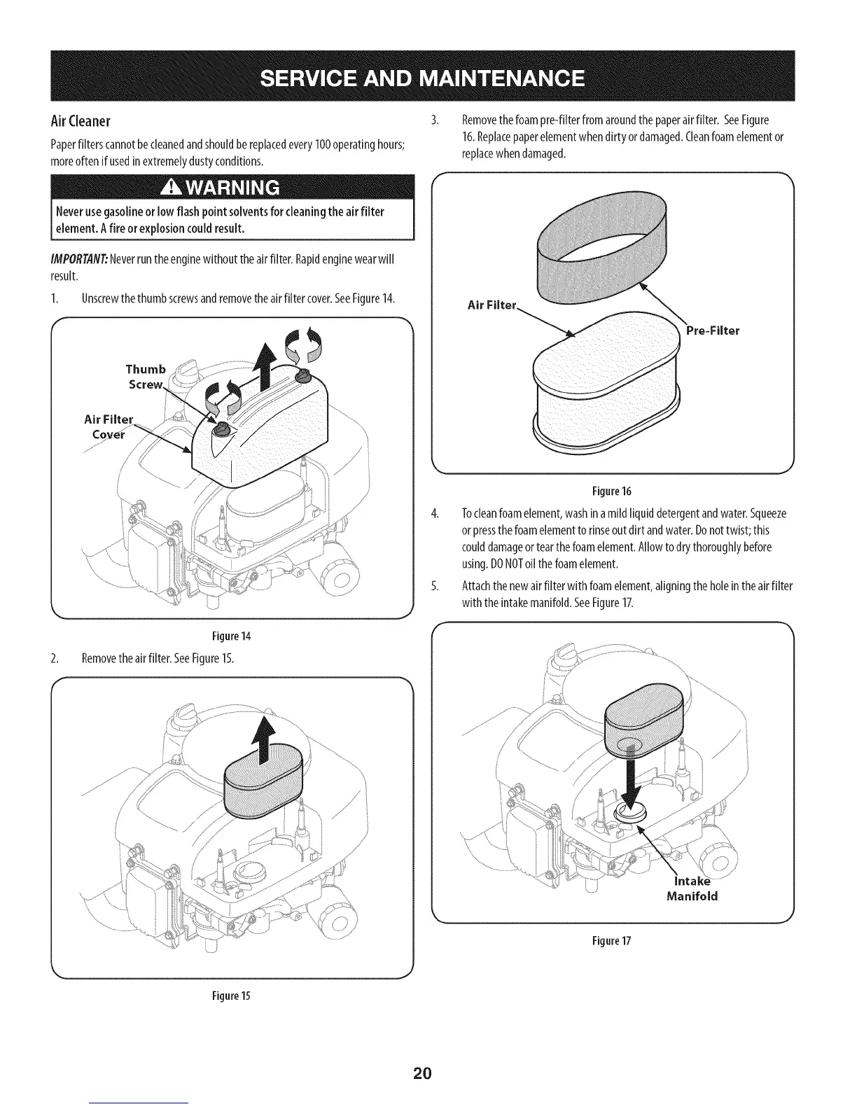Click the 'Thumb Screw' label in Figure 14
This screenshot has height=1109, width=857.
pos(146,377)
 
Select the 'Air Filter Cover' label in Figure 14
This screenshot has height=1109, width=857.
pos(109,426)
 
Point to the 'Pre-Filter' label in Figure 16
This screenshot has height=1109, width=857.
pos(712,331)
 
